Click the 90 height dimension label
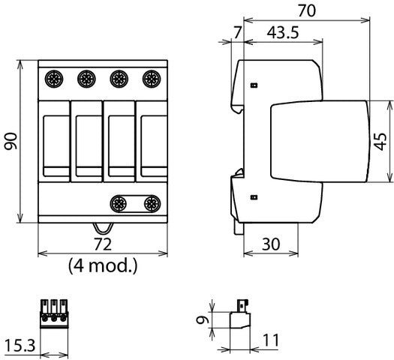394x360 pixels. [x=11, y=141]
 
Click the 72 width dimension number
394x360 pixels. [x=103, y=244]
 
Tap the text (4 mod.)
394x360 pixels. [x=103, y=265]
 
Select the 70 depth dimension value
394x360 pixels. [x=307, y=10]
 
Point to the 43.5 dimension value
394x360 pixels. [x=283, y=33]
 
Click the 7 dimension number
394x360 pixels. [x=237, y=33]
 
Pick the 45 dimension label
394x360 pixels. [x=380, y=141]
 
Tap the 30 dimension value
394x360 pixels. [x=271, y=244]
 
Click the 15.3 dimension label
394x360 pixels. [x=20, y=346]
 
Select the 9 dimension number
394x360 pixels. [x=203, y=319]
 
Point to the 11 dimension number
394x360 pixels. [x=271, y=340]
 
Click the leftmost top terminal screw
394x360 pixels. [x=54, y=79]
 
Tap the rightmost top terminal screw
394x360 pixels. [x=152, y=79]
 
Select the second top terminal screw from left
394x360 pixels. [x=86, y=79]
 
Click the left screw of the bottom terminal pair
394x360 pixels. [x=119, y=203]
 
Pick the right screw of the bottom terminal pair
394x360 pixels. [x=152, y=203]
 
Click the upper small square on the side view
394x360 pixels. [x=254, y=85]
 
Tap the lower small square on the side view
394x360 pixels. [x=254, y=197]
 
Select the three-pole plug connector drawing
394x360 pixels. [x=54, y=313]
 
